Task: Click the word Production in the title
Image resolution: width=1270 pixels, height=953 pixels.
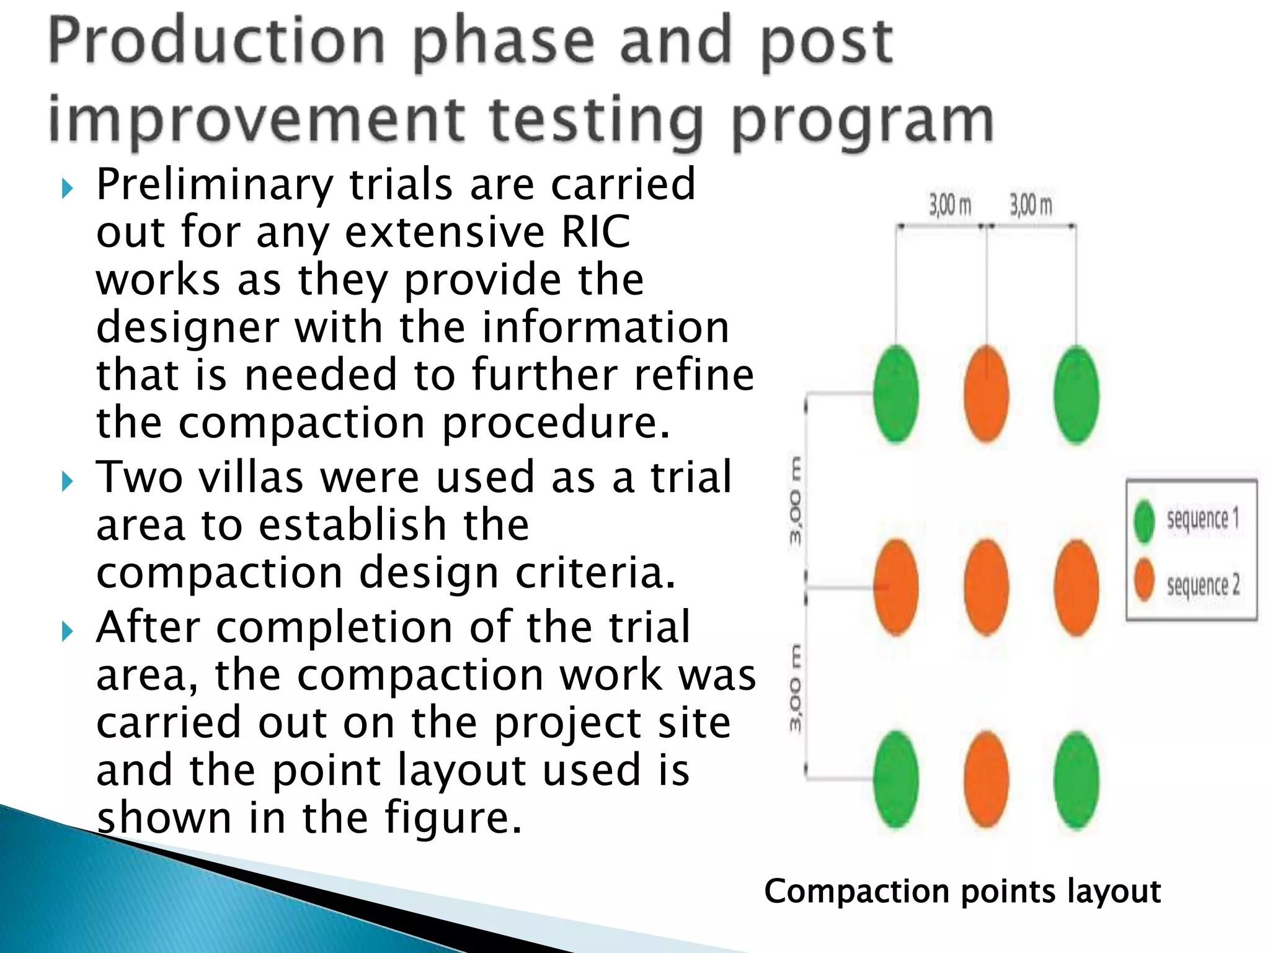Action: click(x=217, y=42)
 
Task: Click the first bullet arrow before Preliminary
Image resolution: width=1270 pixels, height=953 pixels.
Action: click(x=68, y=188)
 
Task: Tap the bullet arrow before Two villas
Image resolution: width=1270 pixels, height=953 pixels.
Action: click(x=68, y=481)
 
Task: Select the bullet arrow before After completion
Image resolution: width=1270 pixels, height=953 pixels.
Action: click(x=68, y=632)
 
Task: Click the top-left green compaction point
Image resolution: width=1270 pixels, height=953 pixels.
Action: click(x=895, y=394)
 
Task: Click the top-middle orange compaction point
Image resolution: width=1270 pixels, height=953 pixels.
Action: click(x=986, y=394)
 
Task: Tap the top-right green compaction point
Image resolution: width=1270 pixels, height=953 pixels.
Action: click(x=1077, y=395)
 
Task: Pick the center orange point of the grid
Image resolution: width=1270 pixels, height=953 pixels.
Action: click(x=986, y=587)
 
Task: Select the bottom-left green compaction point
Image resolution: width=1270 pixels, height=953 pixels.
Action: click(x=895, y=779)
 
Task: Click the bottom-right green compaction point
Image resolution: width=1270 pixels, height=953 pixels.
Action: click(x=1077, y=780)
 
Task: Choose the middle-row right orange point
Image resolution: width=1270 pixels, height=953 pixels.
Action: click(x=1077, y=587)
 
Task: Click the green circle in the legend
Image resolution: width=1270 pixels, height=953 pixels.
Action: click(x=1144, y=521)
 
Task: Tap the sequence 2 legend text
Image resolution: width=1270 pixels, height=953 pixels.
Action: click(x=1202, y=584)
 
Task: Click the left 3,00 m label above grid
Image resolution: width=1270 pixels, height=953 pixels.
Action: click(x=949, y=205)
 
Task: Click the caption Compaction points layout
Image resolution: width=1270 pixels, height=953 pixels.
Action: click(x=962, y=892)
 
